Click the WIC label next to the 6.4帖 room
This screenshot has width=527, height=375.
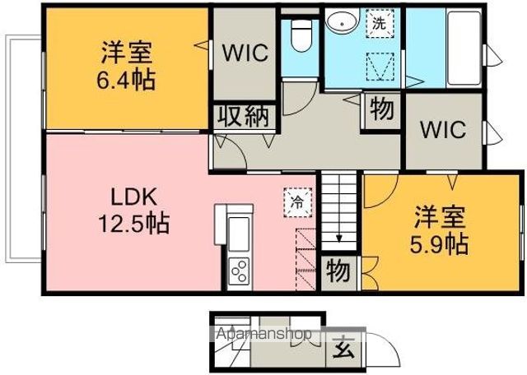pyautogui.click(x=245, y=53)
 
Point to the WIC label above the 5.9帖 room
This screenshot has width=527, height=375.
pyautogui.click(x=443, y=130)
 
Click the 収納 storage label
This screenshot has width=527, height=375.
pyautogui.click(x=244, y=116)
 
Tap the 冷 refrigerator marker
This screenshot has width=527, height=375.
pyautogui.click(x=296, y=200)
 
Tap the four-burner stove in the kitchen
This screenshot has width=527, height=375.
pyautogui.click(x=239, y=269)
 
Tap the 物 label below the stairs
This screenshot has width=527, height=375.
pyautogui.click(x=338, y=270)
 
